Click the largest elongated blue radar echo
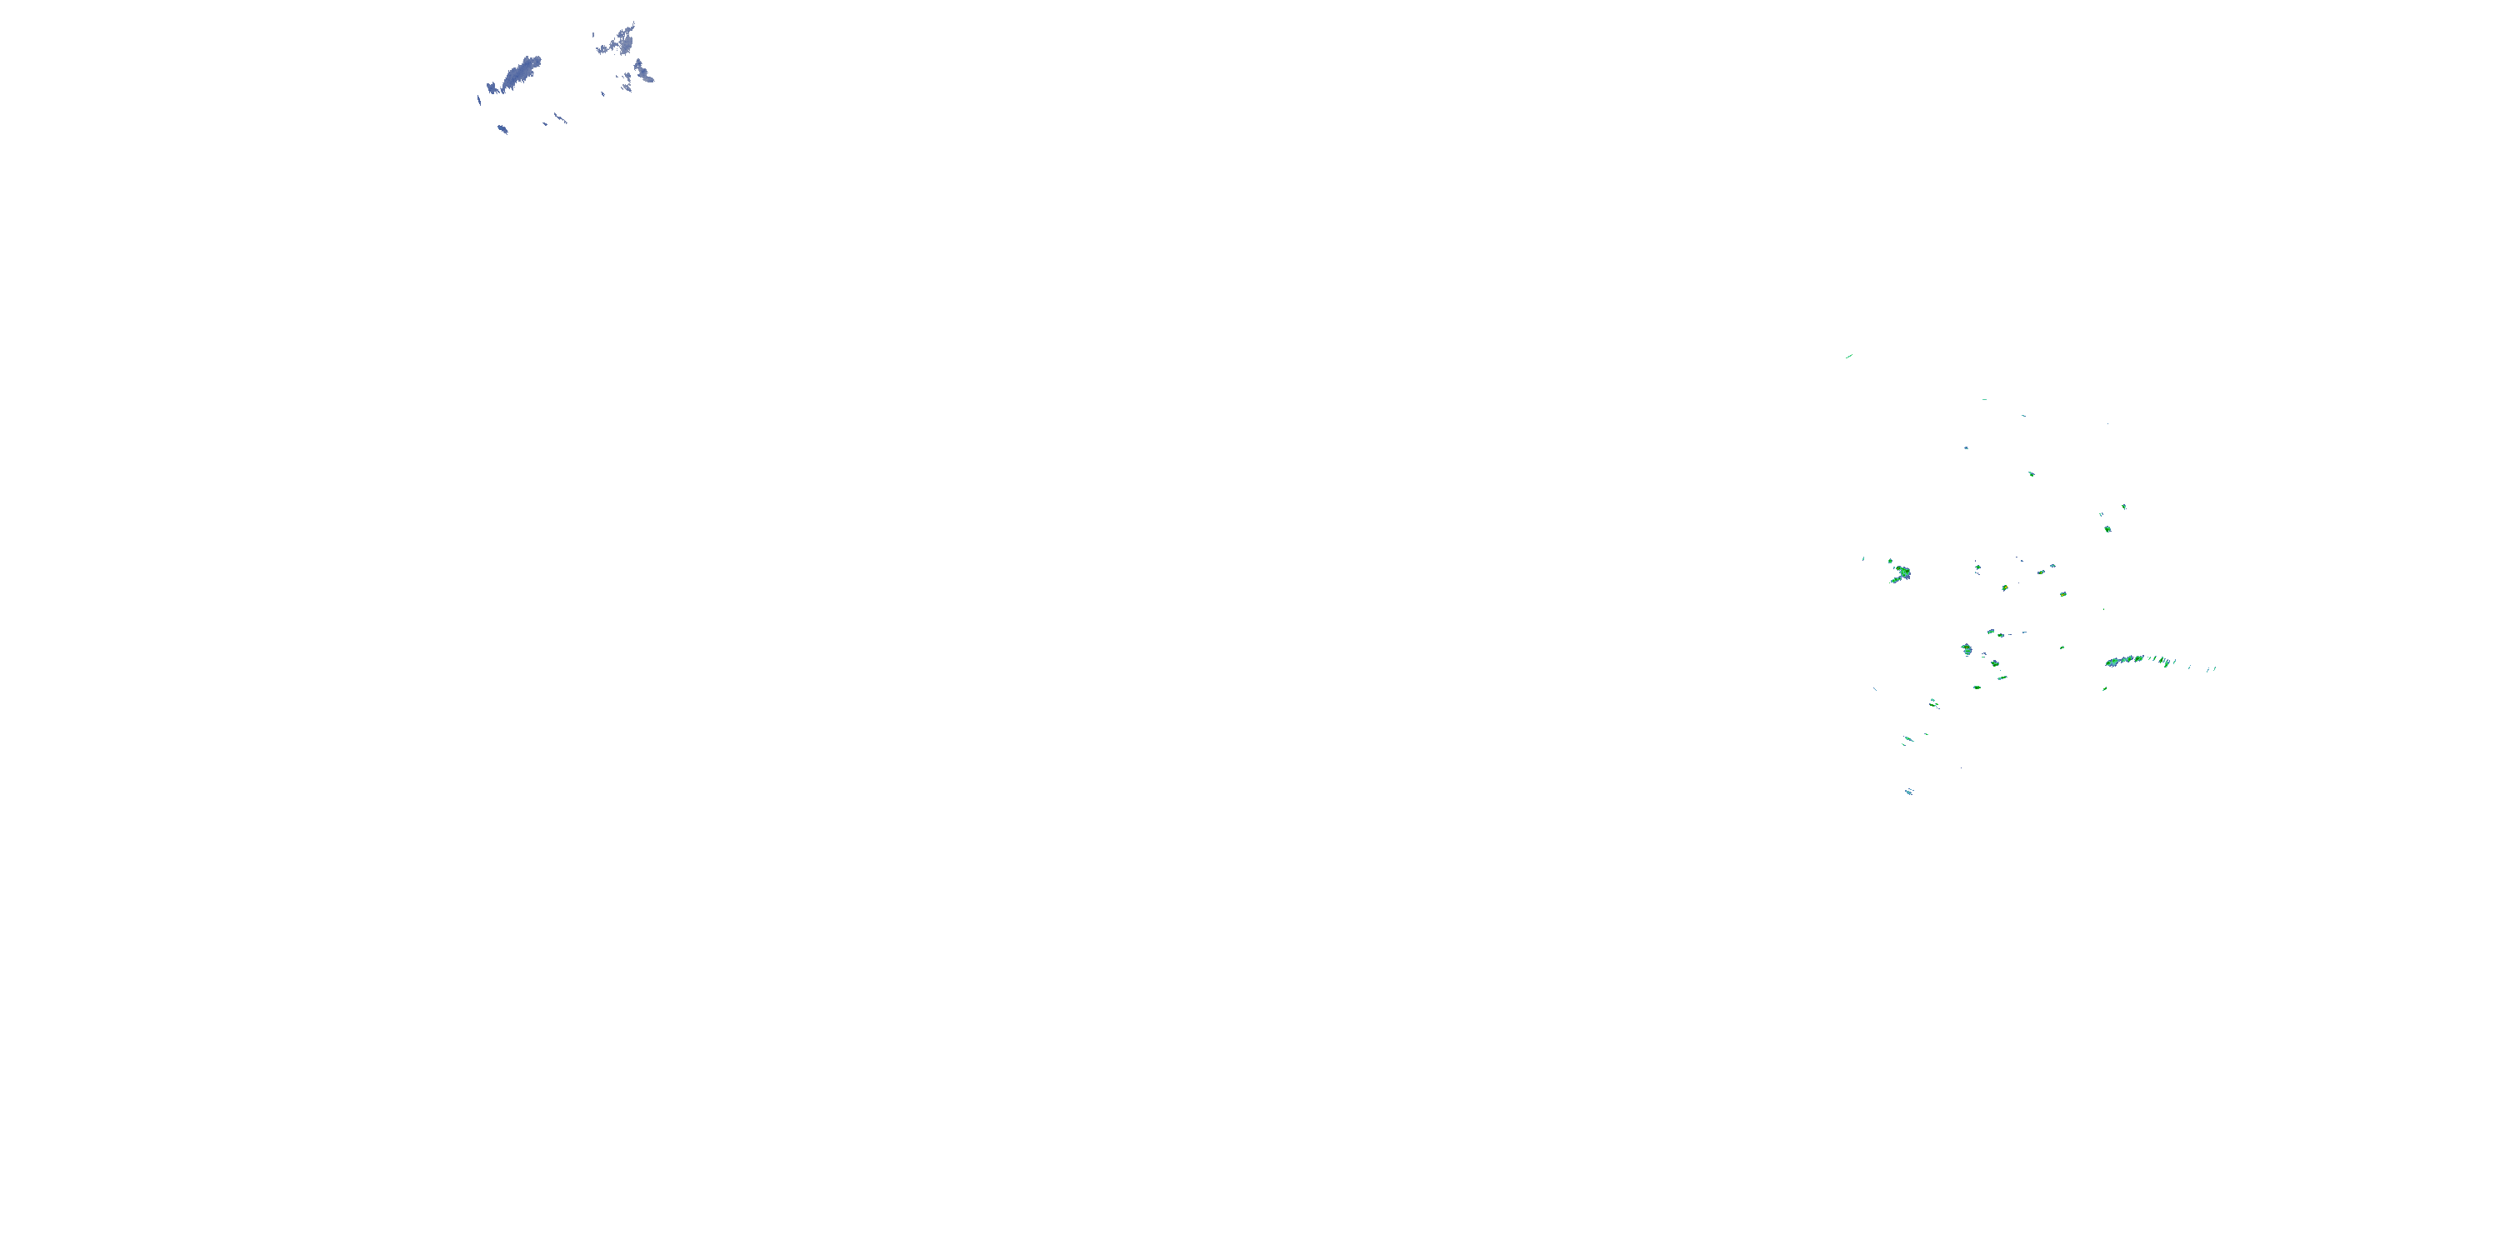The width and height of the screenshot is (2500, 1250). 520,72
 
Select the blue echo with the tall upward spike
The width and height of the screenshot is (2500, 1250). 621,41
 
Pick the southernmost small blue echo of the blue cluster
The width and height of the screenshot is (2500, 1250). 502,129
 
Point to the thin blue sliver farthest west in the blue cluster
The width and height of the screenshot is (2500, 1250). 478,98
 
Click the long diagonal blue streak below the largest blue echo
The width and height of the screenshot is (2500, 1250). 560,118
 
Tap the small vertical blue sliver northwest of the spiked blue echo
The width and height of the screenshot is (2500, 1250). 596,36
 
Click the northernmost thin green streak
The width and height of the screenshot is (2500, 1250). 1849,356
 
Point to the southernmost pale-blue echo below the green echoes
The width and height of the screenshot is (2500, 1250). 1908,792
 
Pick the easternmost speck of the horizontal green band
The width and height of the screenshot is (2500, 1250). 2213,667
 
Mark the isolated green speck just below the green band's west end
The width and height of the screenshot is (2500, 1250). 2104,689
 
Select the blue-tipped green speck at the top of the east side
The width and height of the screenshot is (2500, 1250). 2123,507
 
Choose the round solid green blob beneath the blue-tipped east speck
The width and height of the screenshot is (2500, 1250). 2107,529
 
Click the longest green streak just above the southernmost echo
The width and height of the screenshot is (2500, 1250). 1908,739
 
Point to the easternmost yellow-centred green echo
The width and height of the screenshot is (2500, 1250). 2064,594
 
